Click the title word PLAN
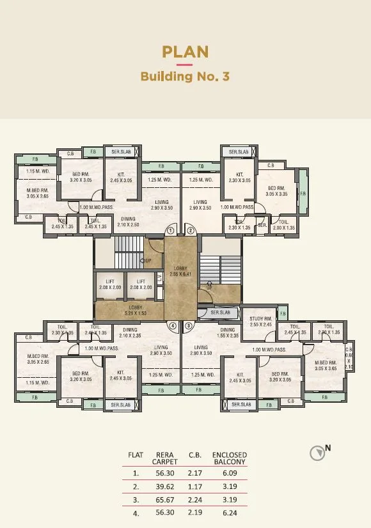pos(185,51)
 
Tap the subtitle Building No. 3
pos(185,77)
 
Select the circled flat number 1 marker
pos(171,230)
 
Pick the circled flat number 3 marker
pos(189,325)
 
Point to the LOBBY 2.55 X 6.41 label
pos(181,271)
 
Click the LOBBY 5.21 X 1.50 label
pos(136,311)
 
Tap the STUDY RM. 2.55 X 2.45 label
pos(261,322)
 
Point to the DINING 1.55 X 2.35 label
pos(227,333)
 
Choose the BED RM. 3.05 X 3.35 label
pos(277,190)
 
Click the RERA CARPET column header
pos(164,458)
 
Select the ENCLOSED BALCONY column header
pos(229,458)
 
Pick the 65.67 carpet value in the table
pos(164,500)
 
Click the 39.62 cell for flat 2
pos(164,486)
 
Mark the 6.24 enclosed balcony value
pos(229,513)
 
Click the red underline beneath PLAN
pos(185,65)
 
